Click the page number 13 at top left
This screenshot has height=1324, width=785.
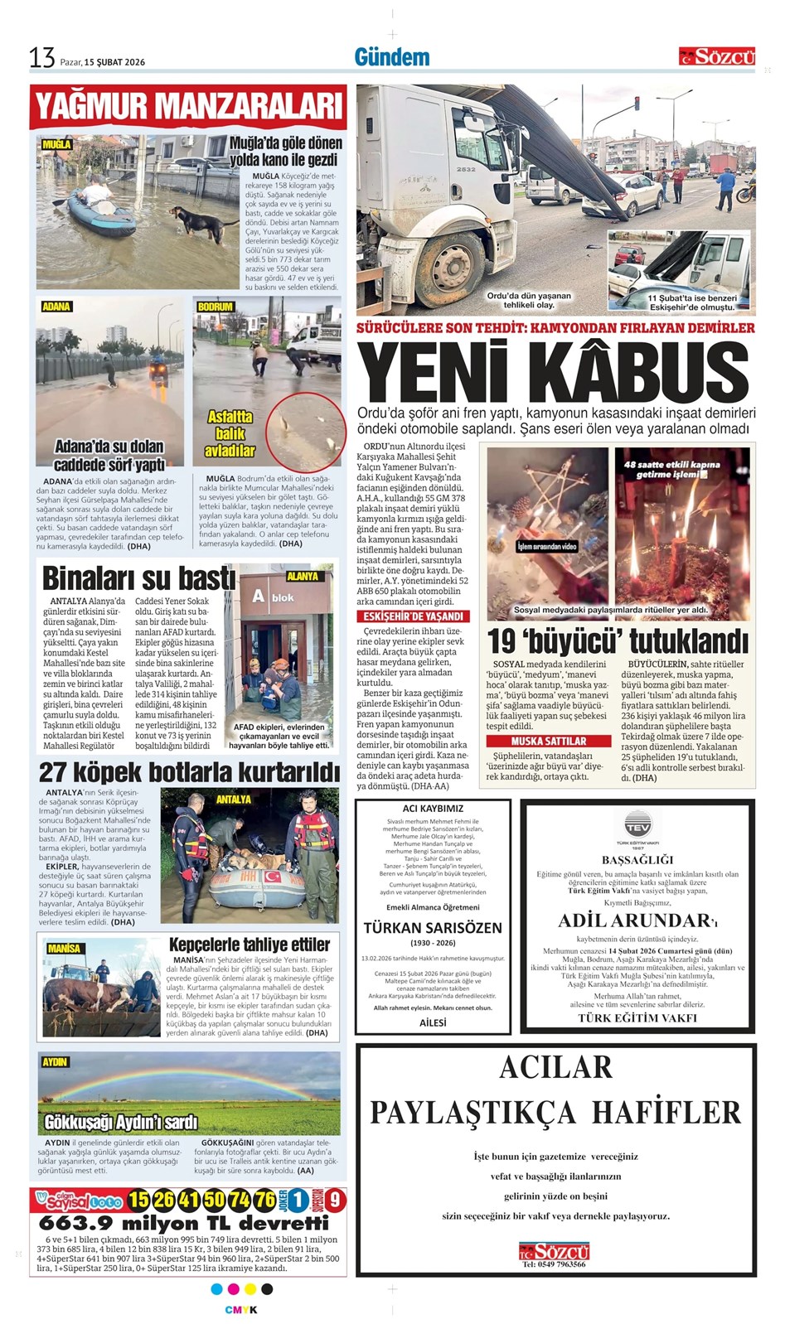pos(41,58)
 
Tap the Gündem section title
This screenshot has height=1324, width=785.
pos(391,57)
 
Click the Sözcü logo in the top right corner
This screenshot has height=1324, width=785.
pos(717,56)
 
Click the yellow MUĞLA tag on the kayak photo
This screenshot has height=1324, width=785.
pos(56,144)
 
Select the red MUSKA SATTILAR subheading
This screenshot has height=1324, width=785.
pos(548,741)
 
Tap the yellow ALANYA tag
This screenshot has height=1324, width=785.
pos(303,576)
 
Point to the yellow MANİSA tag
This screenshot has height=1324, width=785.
pos(64,949)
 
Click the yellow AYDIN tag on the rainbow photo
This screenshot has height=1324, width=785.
pos(55,1062)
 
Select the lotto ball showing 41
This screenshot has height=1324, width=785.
pos(189,1200)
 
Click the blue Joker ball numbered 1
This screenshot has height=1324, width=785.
pos(298,1200)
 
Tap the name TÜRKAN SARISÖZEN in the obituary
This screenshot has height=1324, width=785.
pos(433,927)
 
